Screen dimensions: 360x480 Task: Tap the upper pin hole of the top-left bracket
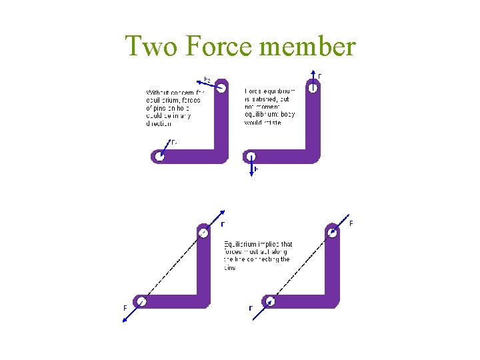[x=221, y=87]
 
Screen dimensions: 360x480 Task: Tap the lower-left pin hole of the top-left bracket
[x=159, y=157]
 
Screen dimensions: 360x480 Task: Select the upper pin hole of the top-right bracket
[x=313, y=87]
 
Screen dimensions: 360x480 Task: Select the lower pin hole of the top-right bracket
[x=251, y=157]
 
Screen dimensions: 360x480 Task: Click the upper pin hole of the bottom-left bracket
[x=203, y=233]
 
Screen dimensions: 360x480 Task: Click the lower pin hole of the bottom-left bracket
[x=141, y=301]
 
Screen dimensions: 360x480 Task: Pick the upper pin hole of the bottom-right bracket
[x=331, y=233]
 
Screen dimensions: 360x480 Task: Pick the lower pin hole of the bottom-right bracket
[x=270, y=301]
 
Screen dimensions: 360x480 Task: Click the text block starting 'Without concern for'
[x=173, y=108]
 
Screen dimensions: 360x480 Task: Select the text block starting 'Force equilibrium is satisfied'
[x=269, y=107]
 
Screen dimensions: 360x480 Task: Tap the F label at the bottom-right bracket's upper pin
[x=351, y=223]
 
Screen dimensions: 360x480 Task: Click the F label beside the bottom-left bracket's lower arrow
[x=125, y=308]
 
